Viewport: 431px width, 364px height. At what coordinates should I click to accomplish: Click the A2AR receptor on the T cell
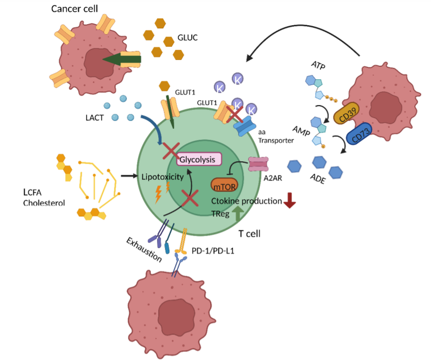[x=259, y=165]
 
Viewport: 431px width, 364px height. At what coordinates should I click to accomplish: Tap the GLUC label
[x=189, y=38]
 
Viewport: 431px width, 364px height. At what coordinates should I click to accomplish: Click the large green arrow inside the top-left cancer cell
[x=121, y=59]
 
